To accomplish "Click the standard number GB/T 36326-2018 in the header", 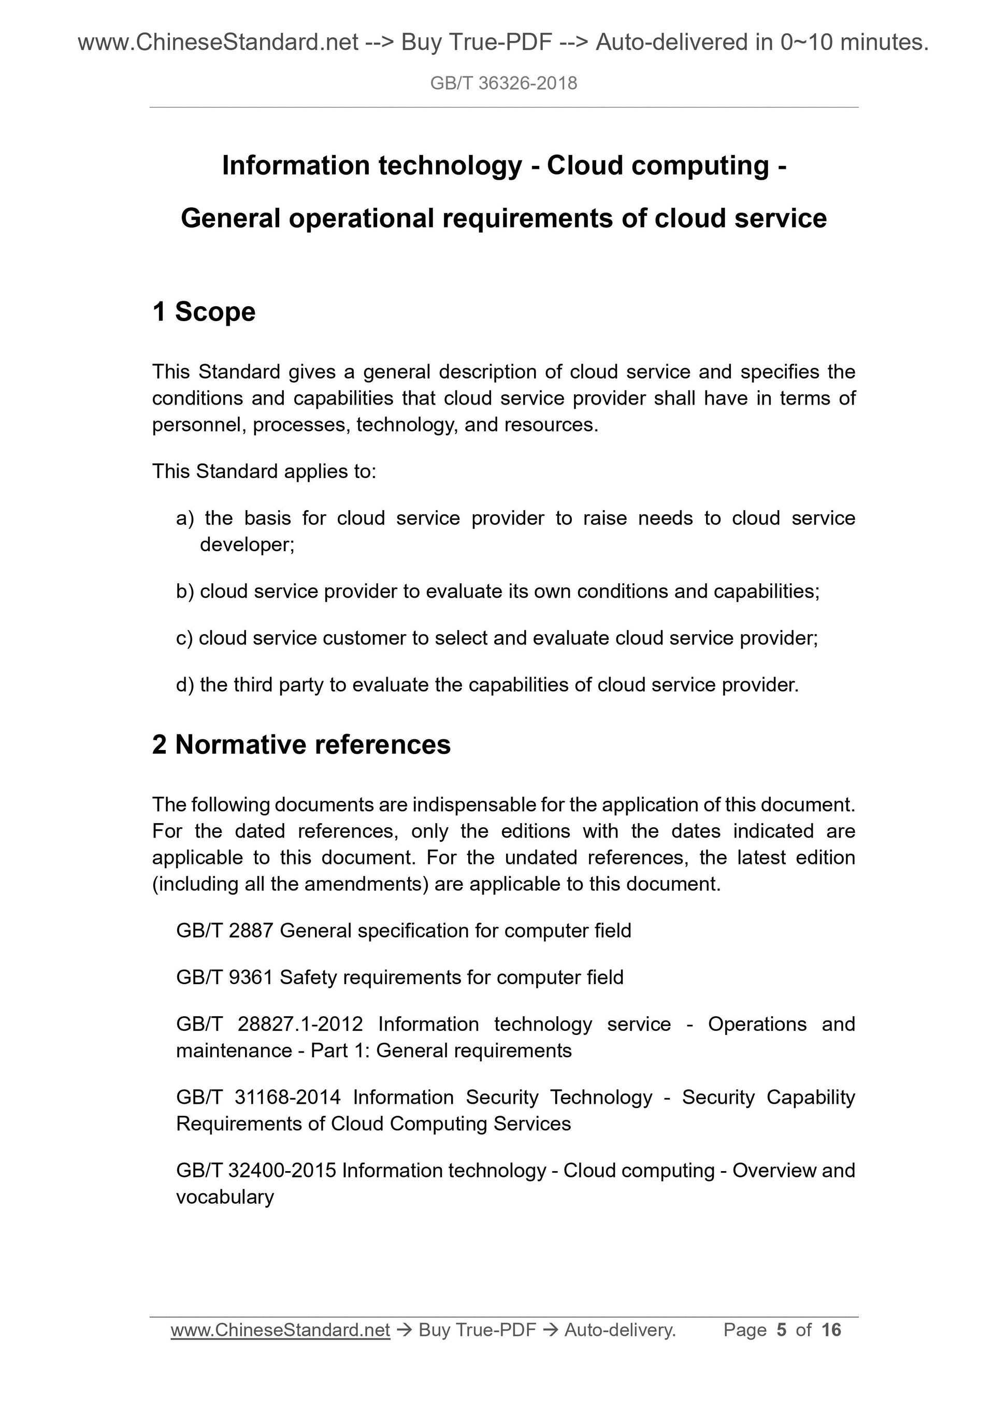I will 503,83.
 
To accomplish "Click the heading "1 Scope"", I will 204,312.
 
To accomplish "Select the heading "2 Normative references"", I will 301,745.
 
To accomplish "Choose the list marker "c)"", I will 184,638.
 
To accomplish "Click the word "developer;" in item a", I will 247,545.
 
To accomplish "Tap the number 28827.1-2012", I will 300,1024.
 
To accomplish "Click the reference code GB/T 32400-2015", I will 256,1170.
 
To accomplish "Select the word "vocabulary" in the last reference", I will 225,1197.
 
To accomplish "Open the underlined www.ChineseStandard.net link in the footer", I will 280,1330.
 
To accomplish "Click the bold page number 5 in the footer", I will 781,1330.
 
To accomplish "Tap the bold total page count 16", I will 831,1330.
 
